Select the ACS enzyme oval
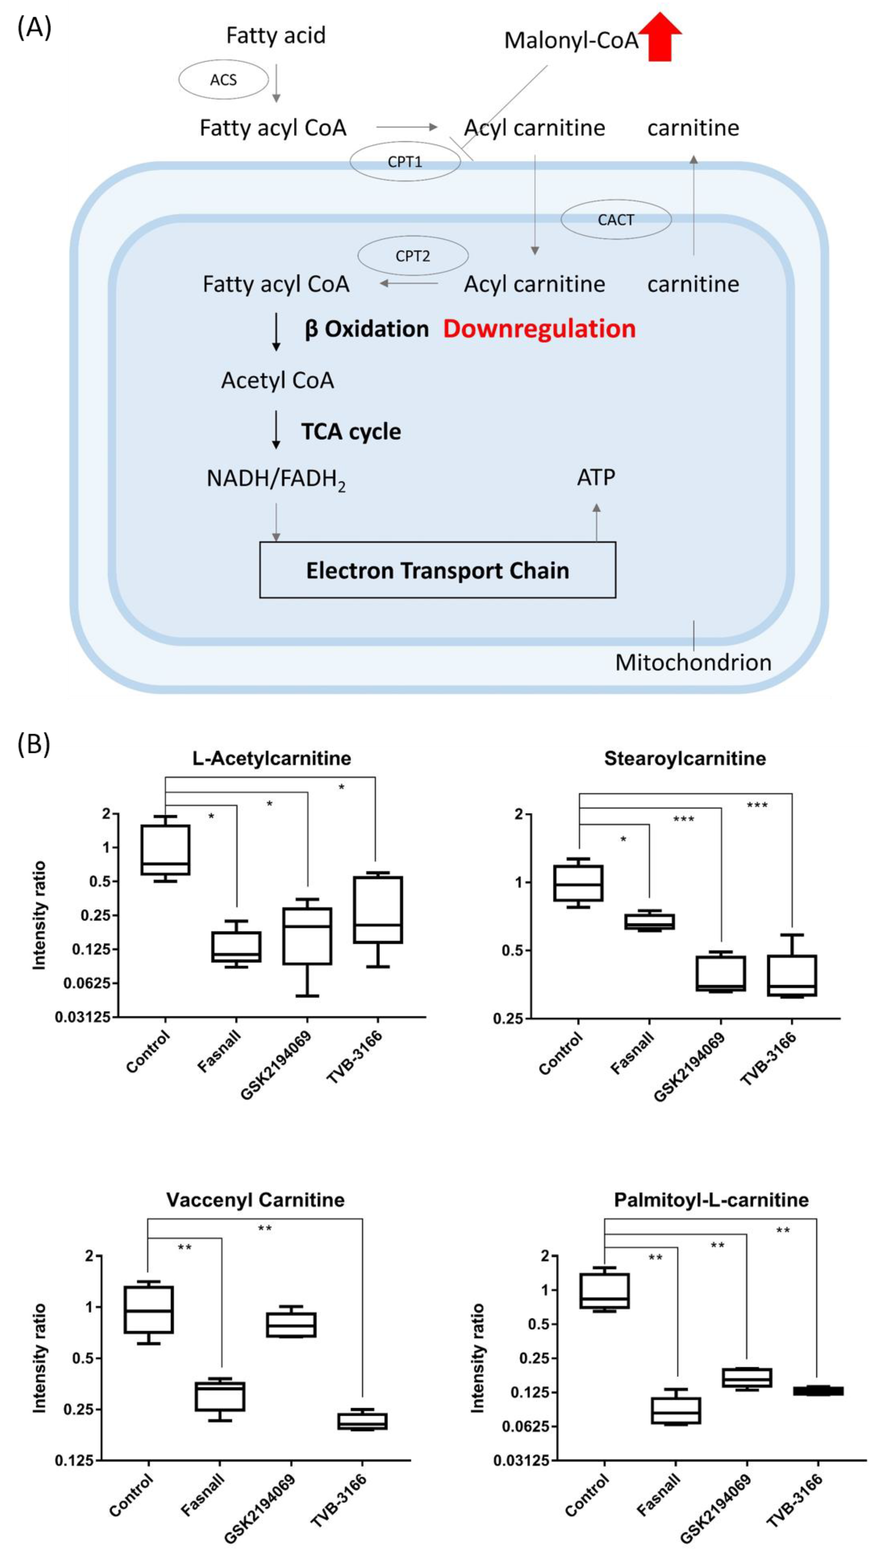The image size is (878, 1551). (223, 80)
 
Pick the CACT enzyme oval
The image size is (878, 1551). (616, 219)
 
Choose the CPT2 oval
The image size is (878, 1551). (413, 256)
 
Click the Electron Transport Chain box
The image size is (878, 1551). (437, 570)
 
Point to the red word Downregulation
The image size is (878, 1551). (539, 328)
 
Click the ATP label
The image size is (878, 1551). (596, 477)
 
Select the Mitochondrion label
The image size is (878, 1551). (693, 662)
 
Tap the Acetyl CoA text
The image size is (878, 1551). (277, 380)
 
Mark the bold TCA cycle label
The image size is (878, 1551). (351, 432)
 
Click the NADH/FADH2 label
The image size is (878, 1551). (276, 479)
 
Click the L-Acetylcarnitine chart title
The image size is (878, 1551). (272, 758)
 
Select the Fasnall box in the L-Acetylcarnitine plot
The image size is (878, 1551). (236, 946)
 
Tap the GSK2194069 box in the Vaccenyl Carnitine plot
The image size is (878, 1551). (291, 1325)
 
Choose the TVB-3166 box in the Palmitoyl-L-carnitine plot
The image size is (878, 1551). (818, 1391)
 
